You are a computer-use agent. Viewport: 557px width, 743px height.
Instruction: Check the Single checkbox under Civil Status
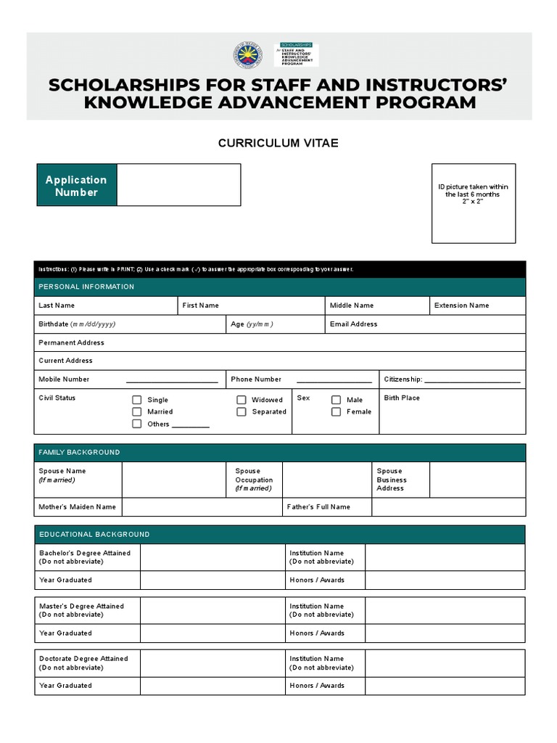pyautogui.click(x=136, y=400)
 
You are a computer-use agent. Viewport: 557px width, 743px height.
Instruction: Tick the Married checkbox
pyautogui.click(x=136, y=411)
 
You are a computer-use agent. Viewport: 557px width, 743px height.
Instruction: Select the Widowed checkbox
pyautogui.click(x=242, y=400)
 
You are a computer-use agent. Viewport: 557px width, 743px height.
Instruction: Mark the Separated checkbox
pyautogui.click(x=242, y=411)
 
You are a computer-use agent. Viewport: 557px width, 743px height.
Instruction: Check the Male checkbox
pyautogui.click(x=336, y=400)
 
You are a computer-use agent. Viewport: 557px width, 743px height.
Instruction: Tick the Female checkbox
pyautogui.click(x=336, y=411)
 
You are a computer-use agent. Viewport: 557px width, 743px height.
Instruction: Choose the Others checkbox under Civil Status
pyautogui.click(x=136, y=424)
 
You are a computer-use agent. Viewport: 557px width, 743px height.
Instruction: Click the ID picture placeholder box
pyautogui.click(x=474, y=202)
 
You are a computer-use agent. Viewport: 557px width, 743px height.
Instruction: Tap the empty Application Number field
pyautogui.click(x=178, y=185)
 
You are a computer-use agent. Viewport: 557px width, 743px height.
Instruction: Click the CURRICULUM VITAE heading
pyautogui.click(x=278, y=143)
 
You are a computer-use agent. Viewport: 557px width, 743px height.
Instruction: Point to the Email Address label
pyautogui.click(x=353, y=324)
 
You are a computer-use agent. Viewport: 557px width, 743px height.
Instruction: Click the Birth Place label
pyautogui.click(x=402, y=398)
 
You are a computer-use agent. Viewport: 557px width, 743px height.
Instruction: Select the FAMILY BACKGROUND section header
pyautogui.click(x=79, y=452)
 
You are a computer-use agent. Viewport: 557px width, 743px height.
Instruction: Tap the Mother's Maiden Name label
pyautogui.click(x=77, y=507)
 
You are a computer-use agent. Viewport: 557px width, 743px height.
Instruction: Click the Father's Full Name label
pyautogui.click(x=318, y=507)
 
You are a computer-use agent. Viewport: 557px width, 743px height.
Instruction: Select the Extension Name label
pyautogui.click(x=461, y=305)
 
